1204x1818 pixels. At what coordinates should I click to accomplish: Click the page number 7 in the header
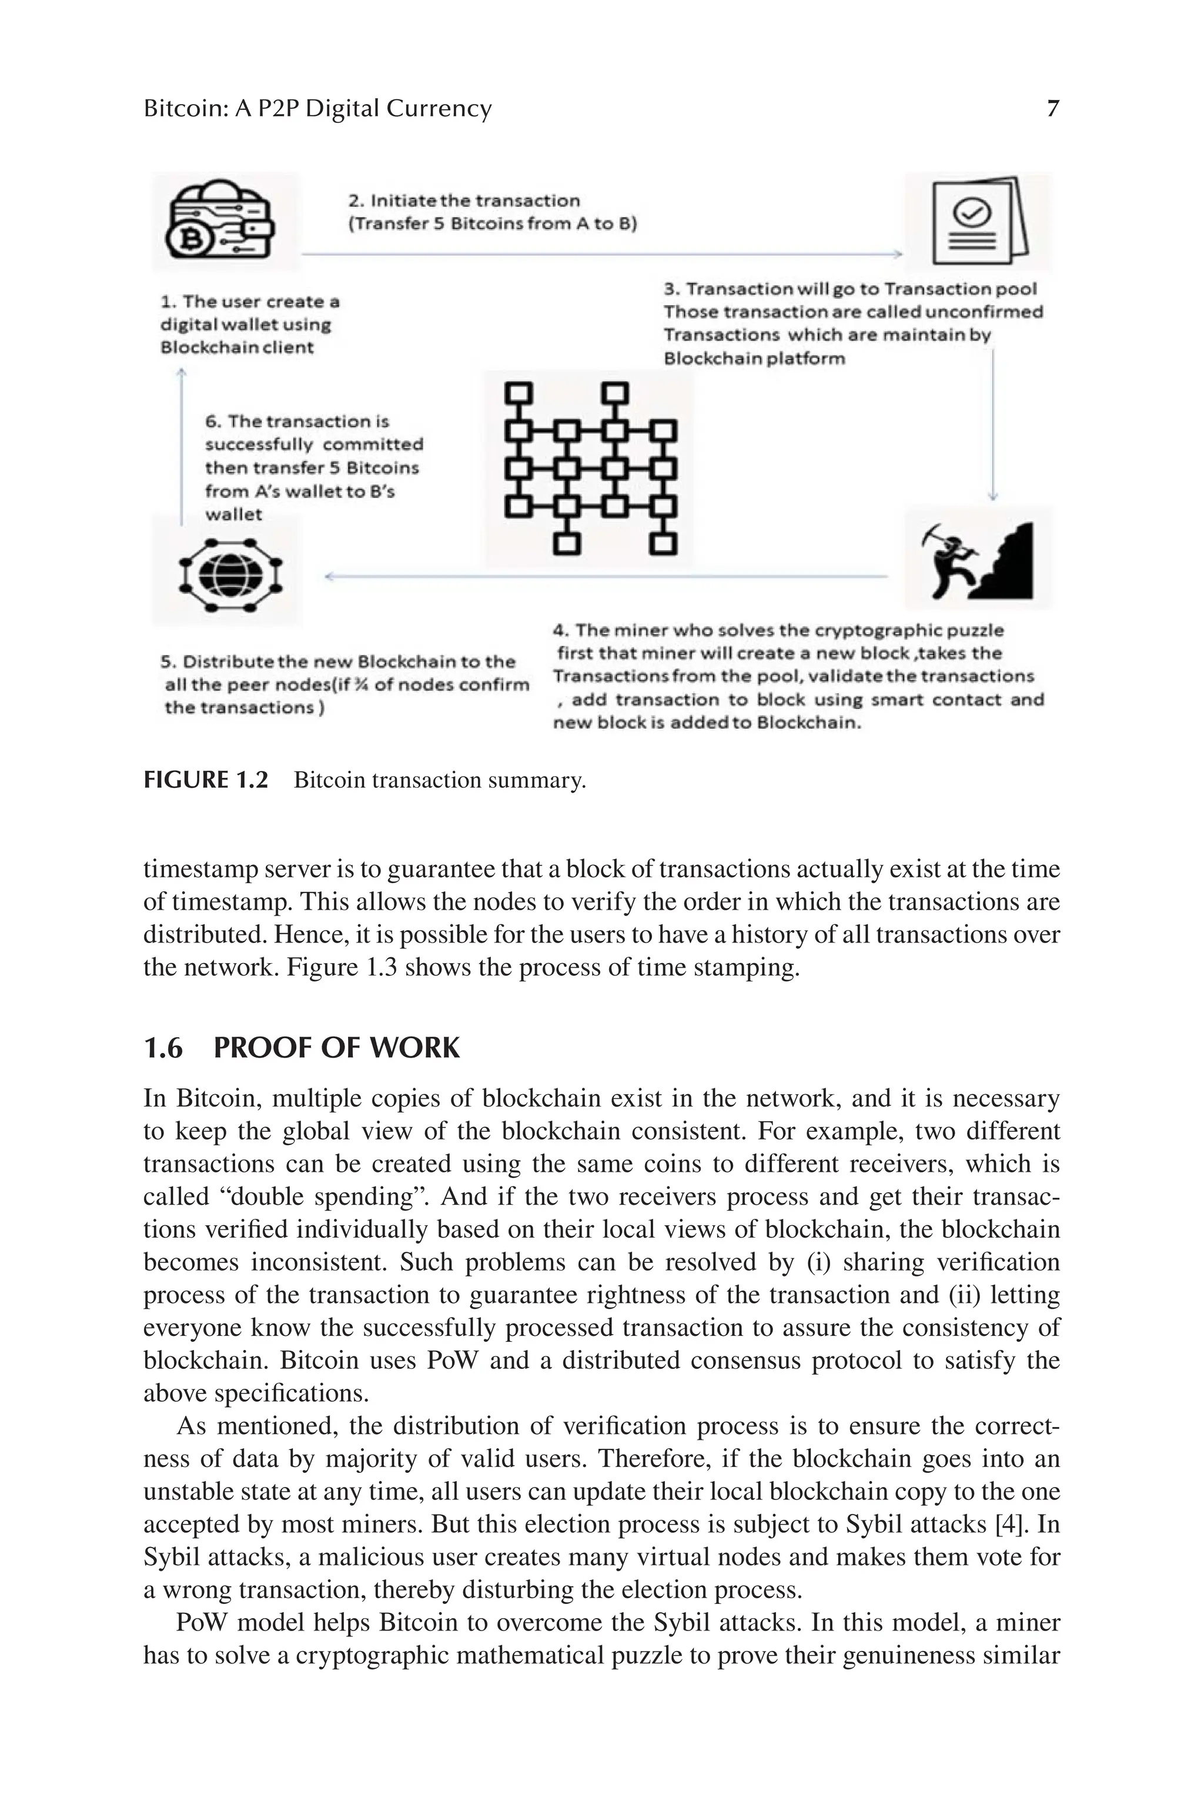[1053, 108]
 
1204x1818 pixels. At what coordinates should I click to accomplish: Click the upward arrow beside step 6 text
[181, 445]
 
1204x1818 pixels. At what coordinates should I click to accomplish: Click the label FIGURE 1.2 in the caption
[206, 780]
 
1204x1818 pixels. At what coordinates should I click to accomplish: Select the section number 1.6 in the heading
[163, 1047]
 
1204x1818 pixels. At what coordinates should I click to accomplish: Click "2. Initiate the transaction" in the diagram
[464, 201]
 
